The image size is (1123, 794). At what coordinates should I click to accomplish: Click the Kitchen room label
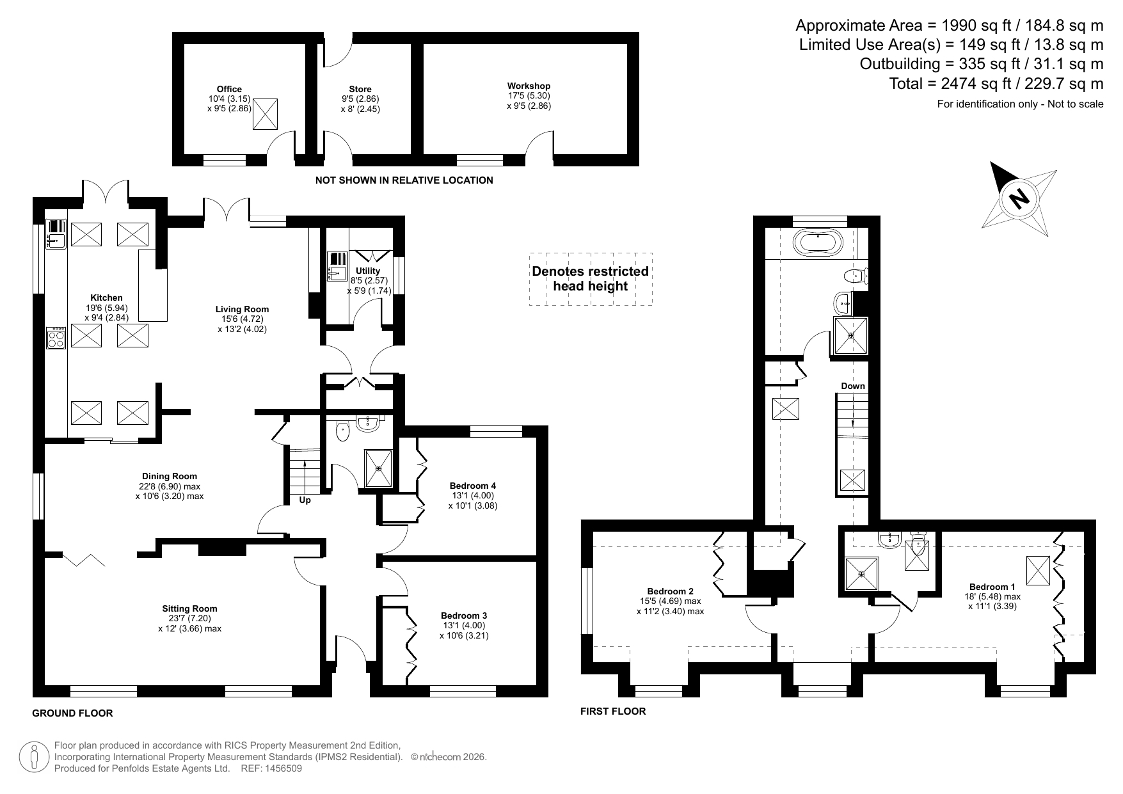[106, 298]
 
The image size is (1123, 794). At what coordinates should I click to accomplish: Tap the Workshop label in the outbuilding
[529, 86]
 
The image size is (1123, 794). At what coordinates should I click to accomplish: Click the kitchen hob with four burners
[56, 338]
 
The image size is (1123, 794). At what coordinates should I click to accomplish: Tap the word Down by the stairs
[853, 386]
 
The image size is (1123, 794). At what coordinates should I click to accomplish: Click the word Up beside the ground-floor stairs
[305, 500]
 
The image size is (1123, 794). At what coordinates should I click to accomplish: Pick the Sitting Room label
[189, 608]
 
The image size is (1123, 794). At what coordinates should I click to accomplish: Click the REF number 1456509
[280, 768]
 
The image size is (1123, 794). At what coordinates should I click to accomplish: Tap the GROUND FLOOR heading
[72, 713]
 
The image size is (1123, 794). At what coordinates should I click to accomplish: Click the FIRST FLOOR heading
[613, 711]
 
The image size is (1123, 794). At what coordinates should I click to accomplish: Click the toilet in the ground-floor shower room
[343, 431]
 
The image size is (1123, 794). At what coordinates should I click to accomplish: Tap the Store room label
[360, 89]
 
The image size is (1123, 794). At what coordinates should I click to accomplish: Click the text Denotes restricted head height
[591, 278]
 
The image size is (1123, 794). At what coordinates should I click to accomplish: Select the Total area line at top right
[996, 83]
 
